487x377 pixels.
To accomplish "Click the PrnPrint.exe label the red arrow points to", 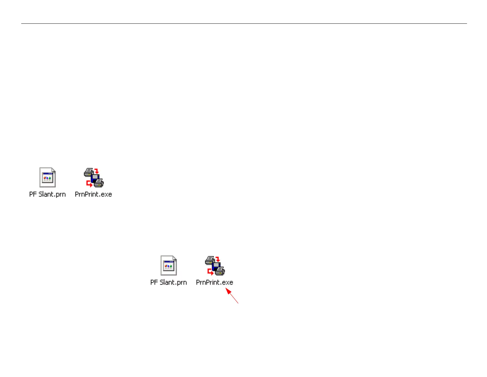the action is coord(214,282).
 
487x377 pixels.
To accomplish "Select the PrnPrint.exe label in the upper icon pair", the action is coord(93,194).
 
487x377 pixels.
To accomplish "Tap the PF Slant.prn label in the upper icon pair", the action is coord(47,194).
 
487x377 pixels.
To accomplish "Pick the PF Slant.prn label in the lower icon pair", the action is coord(168,282).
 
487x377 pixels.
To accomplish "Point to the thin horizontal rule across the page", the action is coord(244,23).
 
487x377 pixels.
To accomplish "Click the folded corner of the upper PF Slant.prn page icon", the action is coord(53,170).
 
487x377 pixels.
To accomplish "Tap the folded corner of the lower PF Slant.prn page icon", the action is coord(175,258).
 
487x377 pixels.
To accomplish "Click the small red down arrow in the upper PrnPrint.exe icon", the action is coord(97,171).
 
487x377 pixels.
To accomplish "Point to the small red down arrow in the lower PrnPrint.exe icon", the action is coord(218,259).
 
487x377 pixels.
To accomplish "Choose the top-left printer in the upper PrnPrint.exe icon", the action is coord(89,172).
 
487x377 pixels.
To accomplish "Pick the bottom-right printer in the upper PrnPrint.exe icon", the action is coord(99,183).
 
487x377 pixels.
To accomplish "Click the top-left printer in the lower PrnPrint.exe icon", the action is coord(210,260).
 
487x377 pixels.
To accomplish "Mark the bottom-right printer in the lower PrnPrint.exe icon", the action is coord(220,271).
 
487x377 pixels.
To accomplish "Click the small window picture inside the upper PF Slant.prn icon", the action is coord(48,178).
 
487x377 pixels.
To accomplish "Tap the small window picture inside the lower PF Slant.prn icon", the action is coord(169,266).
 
